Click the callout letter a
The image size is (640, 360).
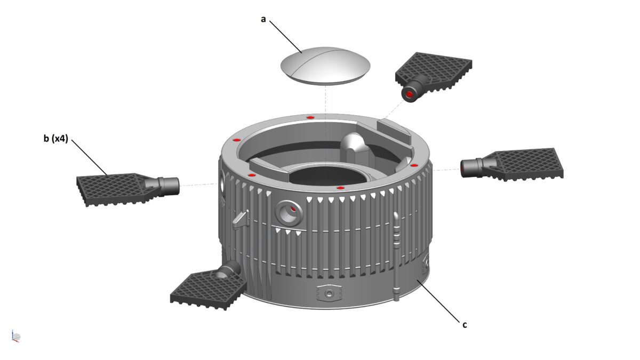(x=263, y=19)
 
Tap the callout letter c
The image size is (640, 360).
(x=465, y=324)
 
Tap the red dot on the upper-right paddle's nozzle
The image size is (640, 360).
(x=409, y=94)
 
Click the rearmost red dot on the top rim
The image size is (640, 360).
(x=310, y=117)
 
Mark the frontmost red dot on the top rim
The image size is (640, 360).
(x=340, y=188)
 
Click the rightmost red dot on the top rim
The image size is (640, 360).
(x=413, y=166)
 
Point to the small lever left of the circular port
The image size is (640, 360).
(x=241, y=219)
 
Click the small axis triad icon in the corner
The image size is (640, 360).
(x=15, y=336)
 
